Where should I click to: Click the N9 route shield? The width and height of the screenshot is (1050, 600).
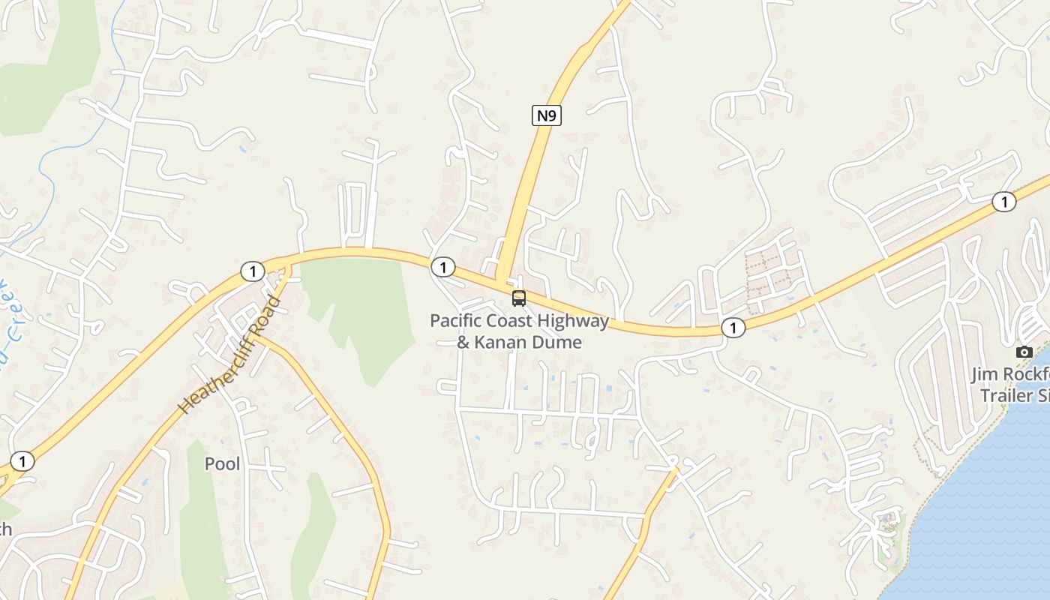[547, 115]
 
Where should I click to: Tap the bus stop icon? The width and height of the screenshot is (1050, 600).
[519, 298]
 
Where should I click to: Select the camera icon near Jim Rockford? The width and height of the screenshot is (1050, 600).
[1024, 352]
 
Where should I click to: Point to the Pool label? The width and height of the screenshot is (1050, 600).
[223, 464]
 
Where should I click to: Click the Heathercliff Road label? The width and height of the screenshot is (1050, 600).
[230, 355]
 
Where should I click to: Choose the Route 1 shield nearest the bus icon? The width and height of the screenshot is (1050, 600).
[443, 267]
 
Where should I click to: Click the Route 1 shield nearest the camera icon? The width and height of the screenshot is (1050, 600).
[1003, 202]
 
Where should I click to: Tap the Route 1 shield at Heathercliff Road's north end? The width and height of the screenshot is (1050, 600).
[253, 271]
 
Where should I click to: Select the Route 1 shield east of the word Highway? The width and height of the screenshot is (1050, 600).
[733, 327]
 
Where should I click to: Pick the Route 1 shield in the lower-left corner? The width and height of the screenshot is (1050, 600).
[22, 461]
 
